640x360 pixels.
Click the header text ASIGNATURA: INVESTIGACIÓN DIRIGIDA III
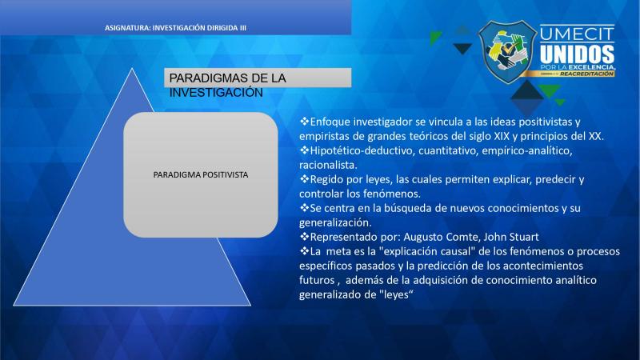click(x=175, y=28)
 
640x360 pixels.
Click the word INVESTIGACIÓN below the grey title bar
click(x=216, y=93)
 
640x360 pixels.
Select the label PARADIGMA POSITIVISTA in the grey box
click(x=201, y=174)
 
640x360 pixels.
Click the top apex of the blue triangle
click(x=132, y=69)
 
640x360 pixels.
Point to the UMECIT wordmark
click(x=577, y=34)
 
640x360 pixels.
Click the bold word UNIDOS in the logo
click(x=577, y=54)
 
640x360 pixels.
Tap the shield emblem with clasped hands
click(x=507, y=52)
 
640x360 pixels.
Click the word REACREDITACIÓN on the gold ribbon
click(x=586, y=74)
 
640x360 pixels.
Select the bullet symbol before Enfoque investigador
click(x=304, y=122)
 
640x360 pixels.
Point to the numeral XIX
click(x=502, y=136)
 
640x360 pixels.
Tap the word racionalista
click(x=328, y=165)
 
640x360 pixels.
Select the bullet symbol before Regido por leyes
click(x=304, y=179)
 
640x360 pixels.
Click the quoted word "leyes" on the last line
click(x=396, y=294)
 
